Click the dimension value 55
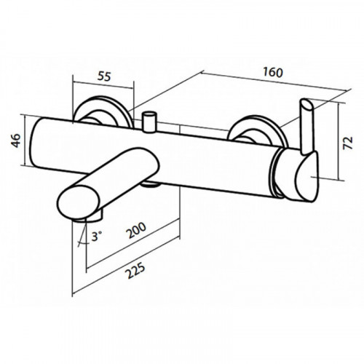point(104,76)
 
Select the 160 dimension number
point(273,72)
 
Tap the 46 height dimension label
point(16,141)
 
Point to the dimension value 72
point(348,143)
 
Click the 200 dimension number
point(137,230)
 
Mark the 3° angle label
point(97,236)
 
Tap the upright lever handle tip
point(306,105)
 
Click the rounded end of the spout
point(79,202)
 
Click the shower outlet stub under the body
point(151,184)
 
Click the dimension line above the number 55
point(103,85)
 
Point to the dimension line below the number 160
point(274,81)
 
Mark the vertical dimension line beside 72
point(338,141)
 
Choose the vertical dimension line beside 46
point(25,140)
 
